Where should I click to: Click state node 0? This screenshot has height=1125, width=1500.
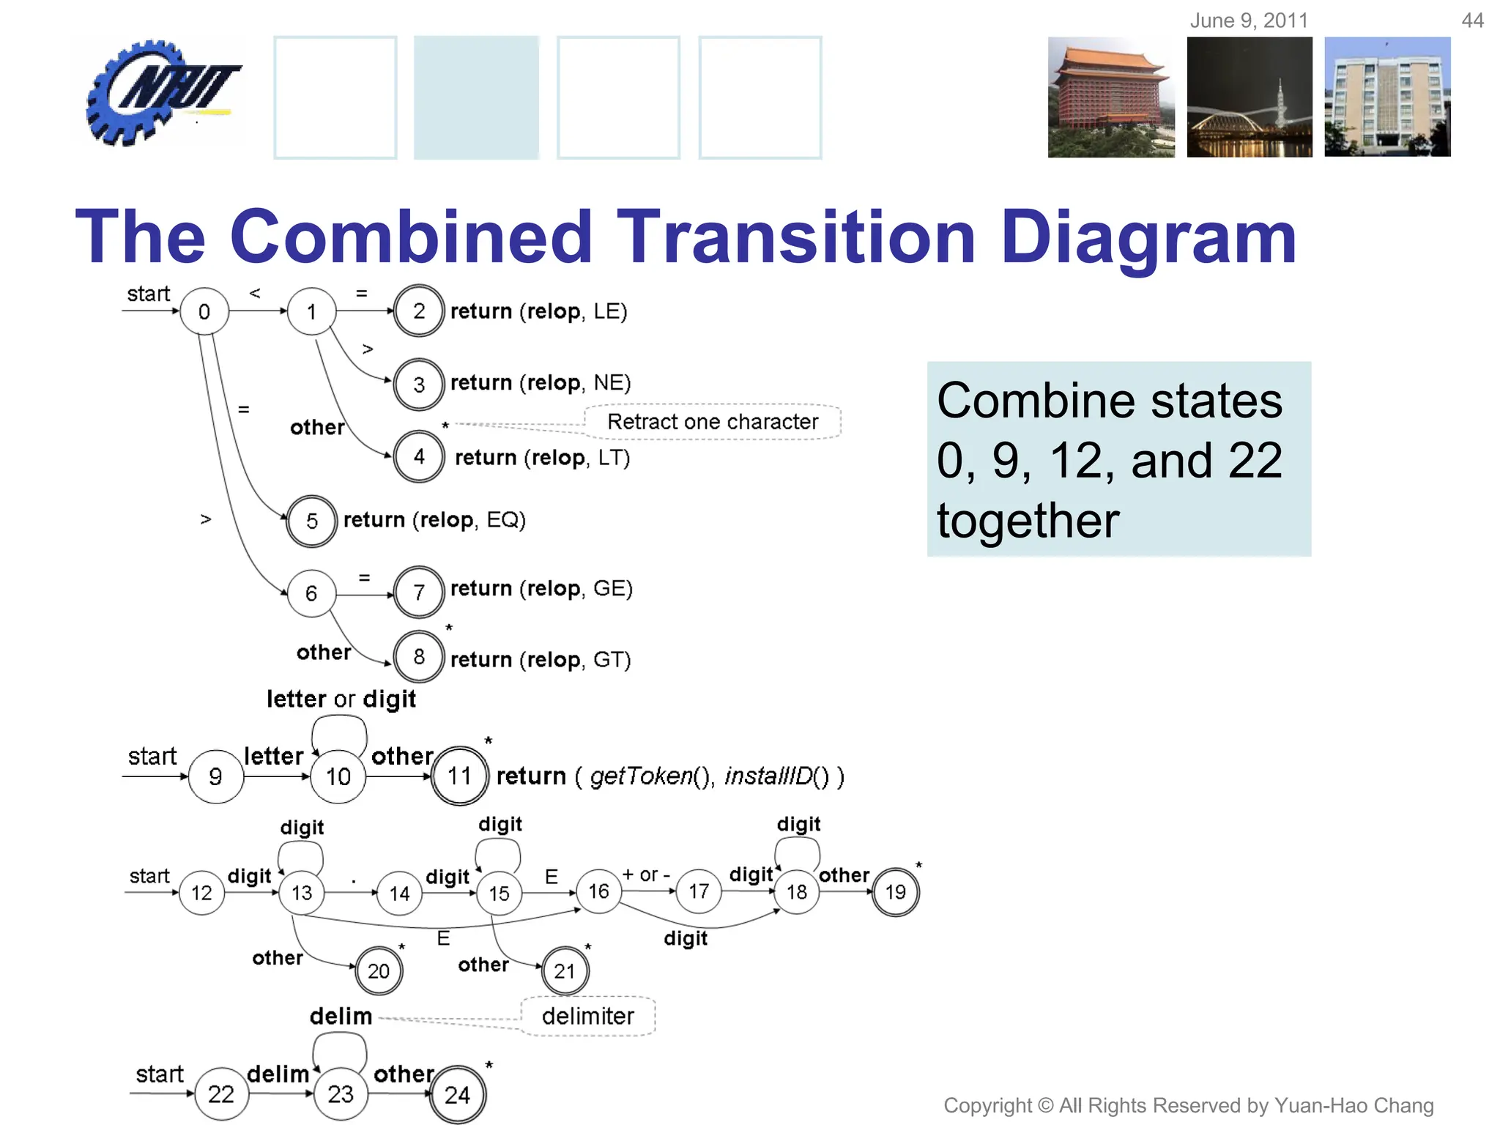click(x=204, y=311)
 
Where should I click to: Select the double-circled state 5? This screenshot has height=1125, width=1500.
click(x=311, y=521)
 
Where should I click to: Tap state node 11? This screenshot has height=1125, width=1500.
click(x=459, y=776)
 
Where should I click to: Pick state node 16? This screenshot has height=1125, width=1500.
click(x=598, y=891)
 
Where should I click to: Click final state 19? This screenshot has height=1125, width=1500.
click(x=895, y=891)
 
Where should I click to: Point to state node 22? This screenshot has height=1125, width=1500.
click(x=220, y=1094)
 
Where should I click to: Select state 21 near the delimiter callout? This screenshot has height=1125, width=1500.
click(x=564, y=970)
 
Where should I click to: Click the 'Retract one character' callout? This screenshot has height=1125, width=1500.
click(x=712, y=422)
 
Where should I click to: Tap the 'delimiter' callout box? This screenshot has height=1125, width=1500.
click(x=587, y=1016)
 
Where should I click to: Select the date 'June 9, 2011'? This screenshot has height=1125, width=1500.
click(x=1249, y=21)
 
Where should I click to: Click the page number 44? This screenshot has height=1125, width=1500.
click(x=1472, y=21)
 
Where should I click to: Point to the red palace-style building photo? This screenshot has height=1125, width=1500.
click(x=1110, y=97)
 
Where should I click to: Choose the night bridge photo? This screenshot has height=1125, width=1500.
click(x=1250, y=97)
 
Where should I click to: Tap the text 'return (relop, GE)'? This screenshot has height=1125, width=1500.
click(x=541, y=588)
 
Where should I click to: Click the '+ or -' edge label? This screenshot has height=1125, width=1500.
click(x=646, y=875)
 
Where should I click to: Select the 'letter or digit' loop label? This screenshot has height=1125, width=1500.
click(x=341, y=699)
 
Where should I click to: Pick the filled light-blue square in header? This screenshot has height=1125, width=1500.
click(x=476, y=97)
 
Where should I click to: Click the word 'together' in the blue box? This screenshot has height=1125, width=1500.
click(x=1028, y=520)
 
